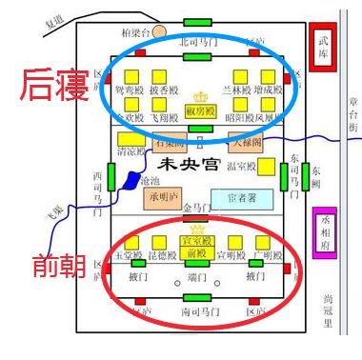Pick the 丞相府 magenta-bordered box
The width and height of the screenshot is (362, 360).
coord(325,234)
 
